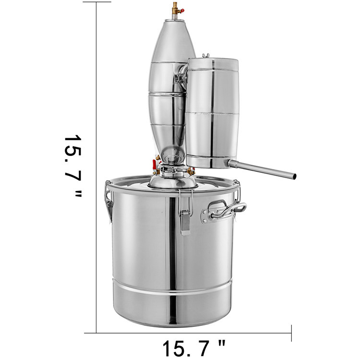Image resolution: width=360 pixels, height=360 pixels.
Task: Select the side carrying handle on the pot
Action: point(230,210)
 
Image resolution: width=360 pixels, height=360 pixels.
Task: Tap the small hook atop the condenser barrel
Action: point(206,56)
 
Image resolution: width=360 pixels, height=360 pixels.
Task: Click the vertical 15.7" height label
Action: point(73,166)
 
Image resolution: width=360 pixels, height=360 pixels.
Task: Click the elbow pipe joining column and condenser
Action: point(182,77)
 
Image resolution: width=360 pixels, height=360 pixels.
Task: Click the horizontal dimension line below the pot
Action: point(192,333)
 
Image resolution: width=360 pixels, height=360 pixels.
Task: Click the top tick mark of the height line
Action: point(96,2)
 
